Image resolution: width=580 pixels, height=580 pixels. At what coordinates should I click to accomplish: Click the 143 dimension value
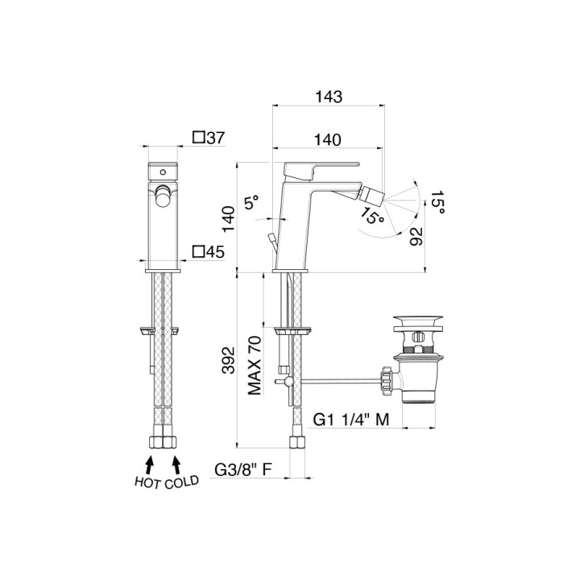pyautogui.click(x=329, y=97)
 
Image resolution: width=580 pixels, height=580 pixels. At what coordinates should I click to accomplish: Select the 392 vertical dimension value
pyautogui.click(x=229, y=360)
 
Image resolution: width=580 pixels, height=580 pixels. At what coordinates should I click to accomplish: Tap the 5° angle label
pyautogui.click(x=251, y=203)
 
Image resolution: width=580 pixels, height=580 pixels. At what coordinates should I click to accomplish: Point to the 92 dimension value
pyautogui.click(x=416, y=236)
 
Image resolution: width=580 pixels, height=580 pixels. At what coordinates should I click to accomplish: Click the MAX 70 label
pyautogui.click(x=254, y=366)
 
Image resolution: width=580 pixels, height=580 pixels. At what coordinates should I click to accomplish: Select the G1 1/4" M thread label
pyautogui.click(x=351, y=420)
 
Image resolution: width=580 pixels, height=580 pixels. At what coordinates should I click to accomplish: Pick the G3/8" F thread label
pyautogui.click(x=243, y=470)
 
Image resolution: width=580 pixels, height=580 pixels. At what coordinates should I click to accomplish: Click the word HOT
pyautogui.click(x=148, y=483)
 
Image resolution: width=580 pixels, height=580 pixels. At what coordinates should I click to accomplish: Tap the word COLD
pyautogui.click(x=181, y=482)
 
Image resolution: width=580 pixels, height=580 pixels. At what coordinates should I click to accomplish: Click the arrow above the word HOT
pyautogui.click(x=149, y=464)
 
